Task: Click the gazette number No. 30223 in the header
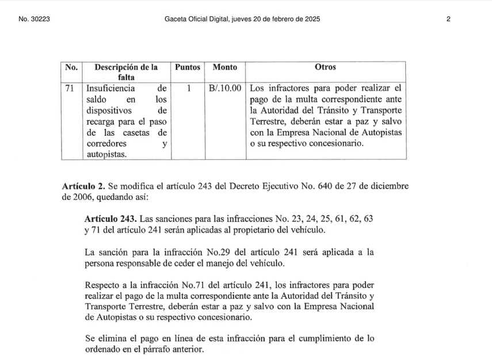(35, 19)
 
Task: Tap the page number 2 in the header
(448, 19)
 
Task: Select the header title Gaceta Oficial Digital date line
(242, 19)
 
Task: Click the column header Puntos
(188, 67)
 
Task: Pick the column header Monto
(224, 67)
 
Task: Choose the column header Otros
(325, 67)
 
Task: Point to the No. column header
(71, 67)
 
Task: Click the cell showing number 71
(71, 89)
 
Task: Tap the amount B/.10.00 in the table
(225, 89)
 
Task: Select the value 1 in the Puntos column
(188, 89)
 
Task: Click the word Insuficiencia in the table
(110, 89)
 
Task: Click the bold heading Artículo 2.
(83, 186)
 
